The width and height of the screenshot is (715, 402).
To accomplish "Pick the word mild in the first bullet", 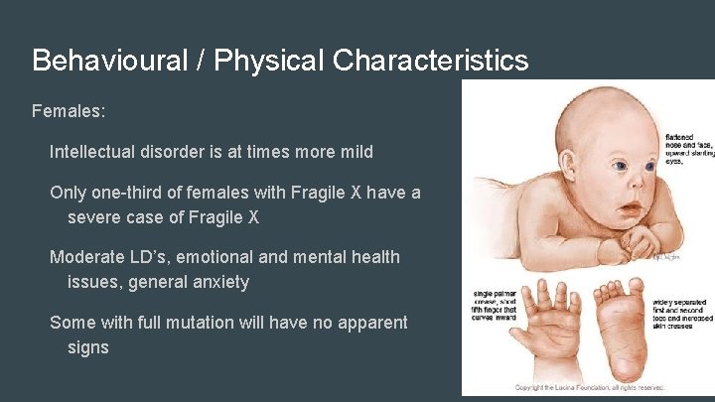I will [354, 152].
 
